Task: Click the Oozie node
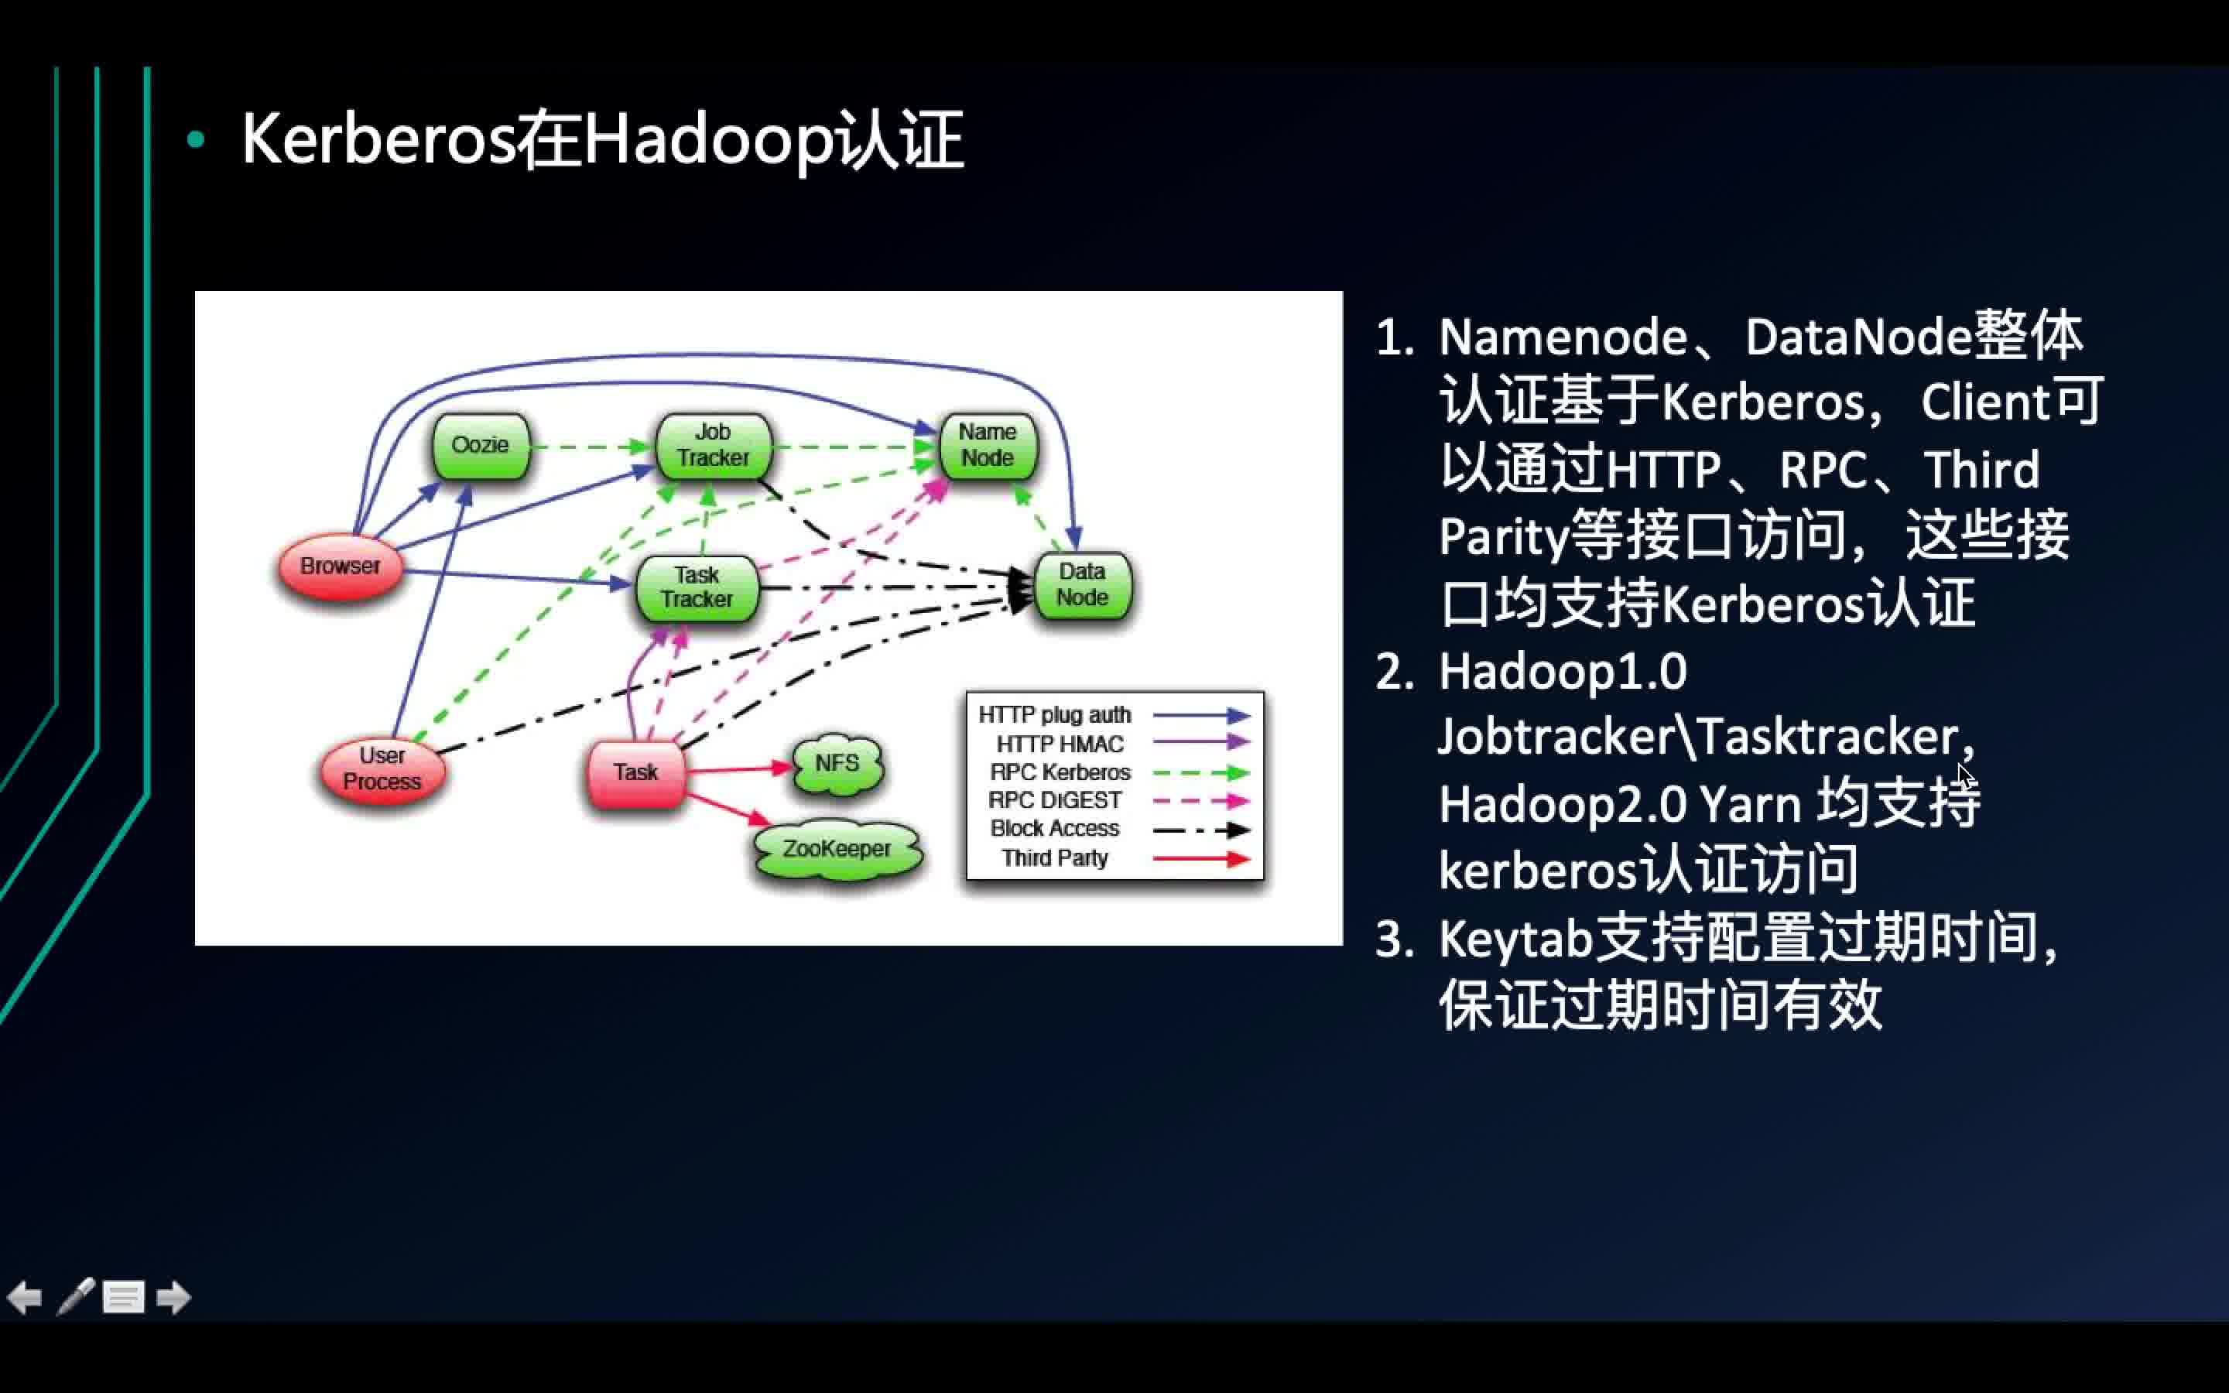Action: (481, 446)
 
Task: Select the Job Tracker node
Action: (713, 445)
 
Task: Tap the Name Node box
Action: (988, 445)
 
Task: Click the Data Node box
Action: (1082, 585)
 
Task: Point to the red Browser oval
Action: (341, 566)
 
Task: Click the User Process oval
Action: (382, 769)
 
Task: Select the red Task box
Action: (635, 773)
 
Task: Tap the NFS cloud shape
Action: (837, 764)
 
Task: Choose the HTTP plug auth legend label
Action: (1055, 715)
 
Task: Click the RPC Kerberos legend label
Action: (1060, 772)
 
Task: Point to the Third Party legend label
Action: (1055, 859)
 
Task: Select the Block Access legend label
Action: (1055, 829)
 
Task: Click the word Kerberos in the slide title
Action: (378, 140)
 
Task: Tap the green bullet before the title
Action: (195, 140)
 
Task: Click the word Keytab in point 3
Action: (1515, 940)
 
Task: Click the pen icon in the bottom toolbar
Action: (76, 1296)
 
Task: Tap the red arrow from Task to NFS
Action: (737, 769)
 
